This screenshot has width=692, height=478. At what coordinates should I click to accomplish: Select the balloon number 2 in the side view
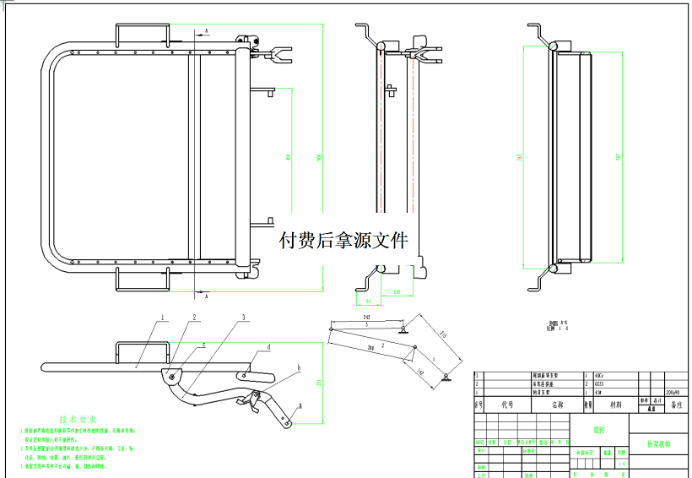coord(194,318)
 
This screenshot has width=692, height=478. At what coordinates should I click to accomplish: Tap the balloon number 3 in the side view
coord(243,317)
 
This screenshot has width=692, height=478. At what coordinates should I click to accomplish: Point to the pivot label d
coord(268,347)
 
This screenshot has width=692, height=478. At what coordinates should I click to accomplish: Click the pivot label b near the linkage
coord(298,369)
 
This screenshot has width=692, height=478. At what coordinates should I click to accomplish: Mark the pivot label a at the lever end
coord(298,406)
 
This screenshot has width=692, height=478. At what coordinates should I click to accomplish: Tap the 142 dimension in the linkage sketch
coord(421,370)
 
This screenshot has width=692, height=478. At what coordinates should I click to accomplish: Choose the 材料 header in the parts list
coord(617,405)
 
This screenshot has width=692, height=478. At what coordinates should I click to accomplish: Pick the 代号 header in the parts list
coord(507,405)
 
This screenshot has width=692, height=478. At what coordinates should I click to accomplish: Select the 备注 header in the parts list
coord(676,405)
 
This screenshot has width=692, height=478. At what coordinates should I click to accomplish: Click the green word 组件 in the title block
coord(599,429)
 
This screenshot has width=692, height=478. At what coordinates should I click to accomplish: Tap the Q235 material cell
coord(600,383)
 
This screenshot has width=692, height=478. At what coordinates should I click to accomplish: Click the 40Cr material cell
coord(599,374)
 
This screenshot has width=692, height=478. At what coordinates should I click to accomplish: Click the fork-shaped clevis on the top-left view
coord(274,57)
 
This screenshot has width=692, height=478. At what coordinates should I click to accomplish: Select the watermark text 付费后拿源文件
coord(343,241)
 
